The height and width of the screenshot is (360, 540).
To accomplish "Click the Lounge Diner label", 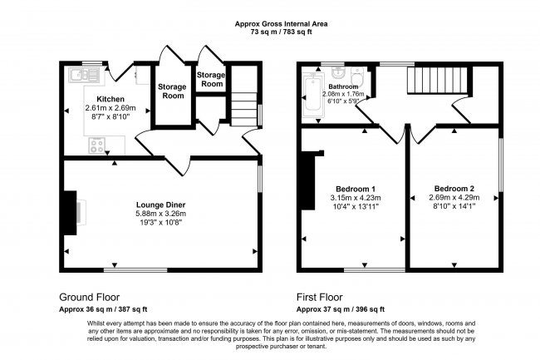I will (161, 205).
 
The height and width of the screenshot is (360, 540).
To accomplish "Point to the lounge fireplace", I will (71, 211).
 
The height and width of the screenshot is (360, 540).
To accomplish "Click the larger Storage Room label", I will (172, 91).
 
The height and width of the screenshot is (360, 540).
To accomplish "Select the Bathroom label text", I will (342, 86).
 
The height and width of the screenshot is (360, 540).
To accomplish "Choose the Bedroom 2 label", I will (453, 188).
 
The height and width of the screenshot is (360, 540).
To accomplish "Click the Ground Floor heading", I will (89, 296).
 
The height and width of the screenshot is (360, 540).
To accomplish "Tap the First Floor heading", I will (320, 296).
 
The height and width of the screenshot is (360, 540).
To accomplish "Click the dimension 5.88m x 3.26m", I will (161, 215).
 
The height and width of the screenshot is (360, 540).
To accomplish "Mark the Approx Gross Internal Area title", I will (270, 24).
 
